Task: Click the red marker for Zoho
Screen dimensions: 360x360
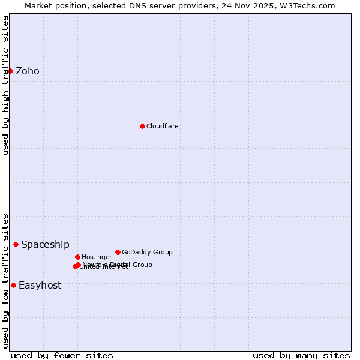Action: pos(10,71)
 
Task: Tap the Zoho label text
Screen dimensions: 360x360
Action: pos(28,71)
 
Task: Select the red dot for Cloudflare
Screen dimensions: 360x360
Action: pos(142,126)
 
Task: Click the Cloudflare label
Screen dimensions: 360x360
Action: pos(163,127)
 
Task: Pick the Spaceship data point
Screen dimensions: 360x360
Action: pos(16,244)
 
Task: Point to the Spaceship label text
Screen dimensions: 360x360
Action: pos(45,245)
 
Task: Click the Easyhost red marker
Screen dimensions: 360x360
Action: pos(13,285)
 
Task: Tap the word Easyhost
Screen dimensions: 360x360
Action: pos(40,286)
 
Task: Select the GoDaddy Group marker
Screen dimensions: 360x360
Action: pos(118,252)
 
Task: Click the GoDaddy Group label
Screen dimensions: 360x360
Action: pos(147,253)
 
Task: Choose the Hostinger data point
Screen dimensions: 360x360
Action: pos(77,257)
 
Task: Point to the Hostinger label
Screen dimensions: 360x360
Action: pos(97,257)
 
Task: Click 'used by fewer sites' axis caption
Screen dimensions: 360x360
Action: pos(62,355)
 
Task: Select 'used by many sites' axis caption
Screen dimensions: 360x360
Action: pos(301,355)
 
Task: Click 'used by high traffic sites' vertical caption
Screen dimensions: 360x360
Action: pos(5,85)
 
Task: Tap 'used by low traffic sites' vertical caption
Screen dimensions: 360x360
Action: pos(5,281)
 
